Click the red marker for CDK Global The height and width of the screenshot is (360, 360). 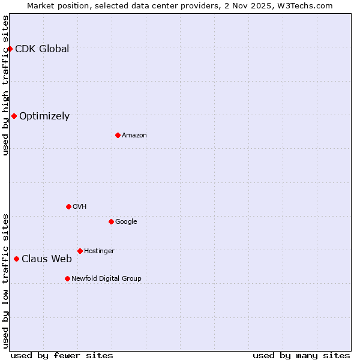coord(10,49)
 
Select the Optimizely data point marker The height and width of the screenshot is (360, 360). coord(14,116)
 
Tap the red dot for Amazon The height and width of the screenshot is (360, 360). coord(118,135)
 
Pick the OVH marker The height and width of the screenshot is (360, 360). coord(68,206)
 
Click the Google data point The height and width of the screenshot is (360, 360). coord(111,221)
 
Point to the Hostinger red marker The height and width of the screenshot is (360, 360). coord(80,251)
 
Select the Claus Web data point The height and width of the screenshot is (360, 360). coord(16,259)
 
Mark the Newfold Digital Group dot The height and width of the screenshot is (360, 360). coord(67,278)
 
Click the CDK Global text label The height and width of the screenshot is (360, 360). coord(42,49)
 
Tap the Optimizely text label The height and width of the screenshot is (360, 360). coord(44,116)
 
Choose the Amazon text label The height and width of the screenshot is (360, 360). coord(134,136)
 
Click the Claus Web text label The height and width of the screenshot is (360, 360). coord(47,259)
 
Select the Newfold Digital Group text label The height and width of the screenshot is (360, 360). coord(106,278)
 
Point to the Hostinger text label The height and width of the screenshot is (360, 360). coord(99,251)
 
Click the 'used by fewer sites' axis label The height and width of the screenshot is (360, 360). coord(62,355)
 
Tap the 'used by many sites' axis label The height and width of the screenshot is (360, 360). coord(301,355)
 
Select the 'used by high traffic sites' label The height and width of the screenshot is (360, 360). coord(5,85)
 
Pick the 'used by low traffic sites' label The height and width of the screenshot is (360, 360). coord(5,280)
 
